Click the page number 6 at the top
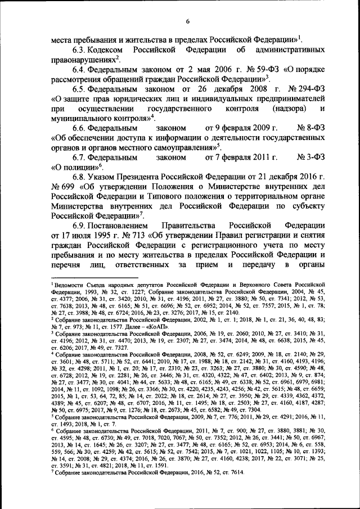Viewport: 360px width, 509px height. [188, 21]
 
